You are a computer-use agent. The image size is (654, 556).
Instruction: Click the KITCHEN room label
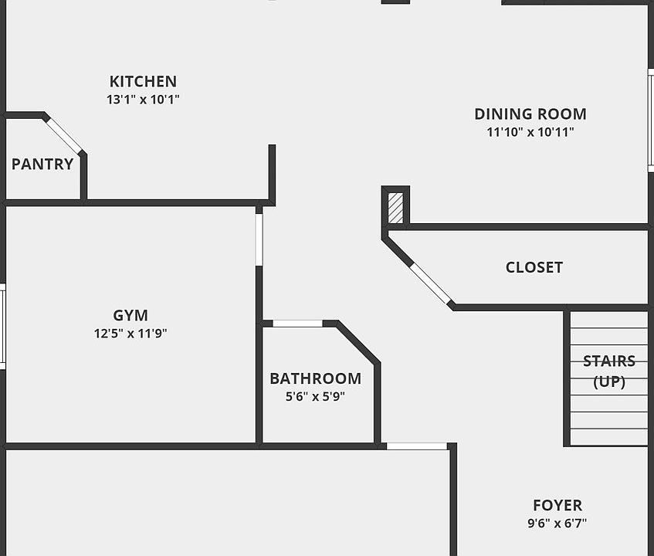click(143, 81)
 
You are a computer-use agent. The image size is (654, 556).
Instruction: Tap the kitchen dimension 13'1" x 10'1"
click(143, 100)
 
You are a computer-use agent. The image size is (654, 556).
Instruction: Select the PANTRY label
click(42, 164)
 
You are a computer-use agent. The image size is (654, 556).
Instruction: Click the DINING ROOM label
click(530, 114)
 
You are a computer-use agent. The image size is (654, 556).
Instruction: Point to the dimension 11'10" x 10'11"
click(530, 132)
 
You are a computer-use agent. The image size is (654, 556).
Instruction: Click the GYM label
click(130, 315)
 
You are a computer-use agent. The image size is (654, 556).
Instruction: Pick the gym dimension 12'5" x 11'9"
click(130, 334)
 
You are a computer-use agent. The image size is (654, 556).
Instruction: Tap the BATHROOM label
click(315, 378)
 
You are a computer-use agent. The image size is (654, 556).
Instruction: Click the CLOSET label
click(534, 267)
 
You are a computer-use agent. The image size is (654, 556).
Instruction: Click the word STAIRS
click(609, 361)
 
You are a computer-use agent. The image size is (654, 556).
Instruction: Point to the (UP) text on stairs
click(609, 381)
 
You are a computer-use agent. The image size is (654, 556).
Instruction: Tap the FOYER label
click(557, 505)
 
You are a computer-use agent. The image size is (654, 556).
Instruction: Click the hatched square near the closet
click(395, 208)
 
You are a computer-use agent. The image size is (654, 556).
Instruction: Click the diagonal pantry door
click(63, 135)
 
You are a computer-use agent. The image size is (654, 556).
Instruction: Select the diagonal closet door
click(430, 283)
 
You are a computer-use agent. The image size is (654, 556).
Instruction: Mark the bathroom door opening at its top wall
click(297, 324)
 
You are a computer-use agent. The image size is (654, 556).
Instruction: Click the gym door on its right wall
click(259, 239)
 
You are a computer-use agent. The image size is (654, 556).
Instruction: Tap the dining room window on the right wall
click(650, 120)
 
